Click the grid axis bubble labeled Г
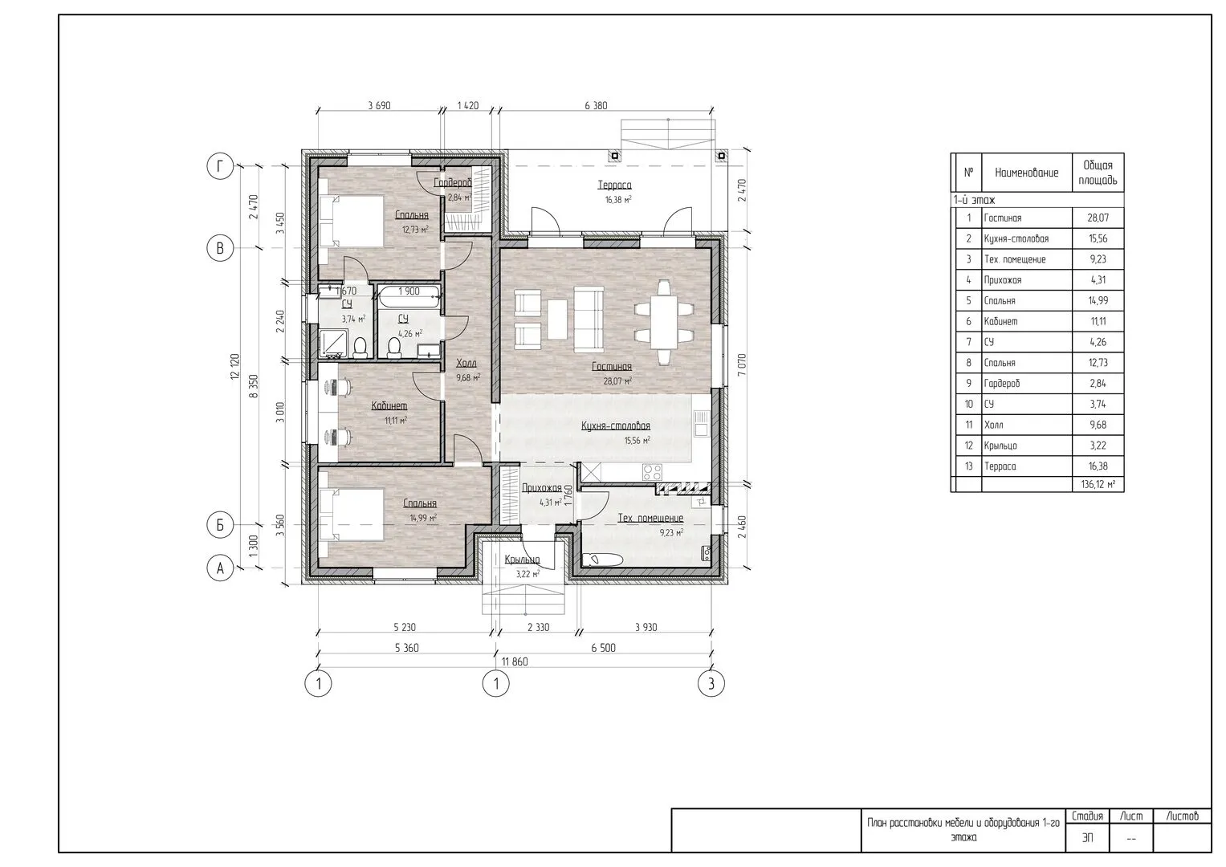[x=220, y=165]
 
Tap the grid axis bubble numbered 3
[x=711, y=683]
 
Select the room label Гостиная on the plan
[x=611, y=367]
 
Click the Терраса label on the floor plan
[x=615, y=185]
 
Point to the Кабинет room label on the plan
[x=389, y=405]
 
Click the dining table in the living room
[x=664, y=323]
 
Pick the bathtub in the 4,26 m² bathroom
[x=409, y=296]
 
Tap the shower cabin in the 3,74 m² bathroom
[x=333, y=343]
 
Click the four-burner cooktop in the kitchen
[x=652, y=472]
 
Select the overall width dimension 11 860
[x=515, y=661]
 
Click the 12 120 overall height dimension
[x=235, y=367]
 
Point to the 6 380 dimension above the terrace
[x=596, y=106]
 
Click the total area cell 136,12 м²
[x=1098, y=484]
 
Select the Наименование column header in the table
[x=1027, y=173]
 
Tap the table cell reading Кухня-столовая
[x=1016, y=238]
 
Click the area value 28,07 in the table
[x=1098, y=218]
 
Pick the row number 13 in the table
[x=969, y=466]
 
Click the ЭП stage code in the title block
[x=1088, y=838]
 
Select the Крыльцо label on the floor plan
[x=522, y=560]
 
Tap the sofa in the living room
[x=589, y=320]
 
